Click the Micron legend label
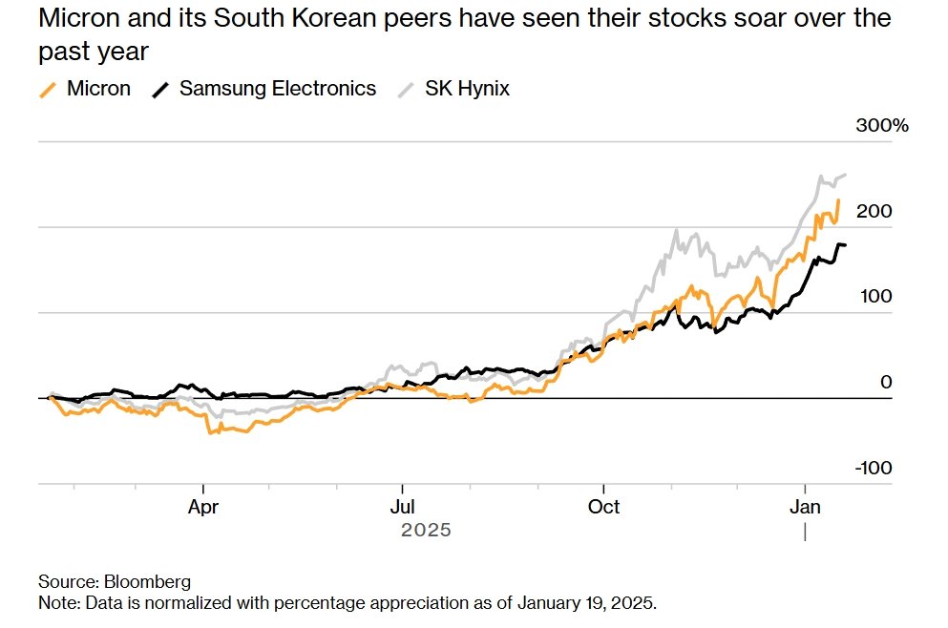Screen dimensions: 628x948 [98, 89]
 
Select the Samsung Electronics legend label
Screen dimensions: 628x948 [278, 89]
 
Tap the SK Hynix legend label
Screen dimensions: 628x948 [467, 89]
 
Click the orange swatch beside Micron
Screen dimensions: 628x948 [48, 90]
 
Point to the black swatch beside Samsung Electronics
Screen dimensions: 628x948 [162, 90]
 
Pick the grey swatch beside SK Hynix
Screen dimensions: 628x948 [407, 90]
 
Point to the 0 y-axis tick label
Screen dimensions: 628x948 [886, 382]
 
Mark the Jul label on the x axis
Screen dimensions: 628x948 [403, 506]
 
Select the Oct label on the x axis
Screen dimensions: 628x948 [603, 506]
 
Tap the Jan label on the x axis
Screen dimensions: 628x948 [807, 506]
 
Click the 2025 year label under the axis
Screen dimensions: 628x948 [426, 530]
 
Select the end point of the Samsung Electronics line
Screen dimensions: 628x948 [844, 246]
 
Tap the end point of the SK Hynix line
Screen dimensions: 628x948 [845, 175]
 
